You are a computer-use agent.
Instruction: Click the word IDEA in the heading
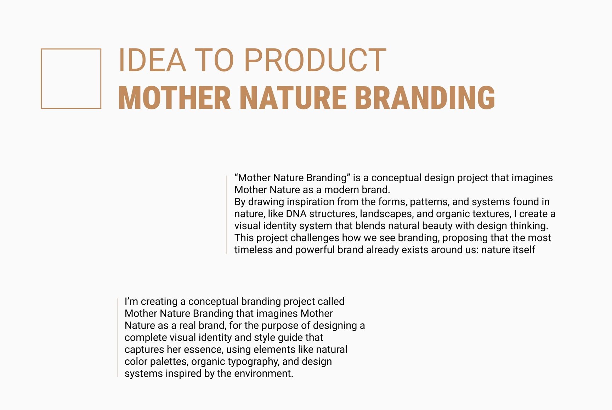(152, 60)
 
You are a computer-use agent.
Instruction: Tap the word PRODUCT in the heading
(315, 60)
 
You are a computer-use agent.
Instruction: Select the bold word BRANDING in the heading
(425, 98)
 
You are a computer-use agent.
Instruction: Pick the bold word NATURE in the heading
(293, 98)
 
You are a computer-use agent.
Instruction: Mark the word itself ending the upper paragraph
(523, 250)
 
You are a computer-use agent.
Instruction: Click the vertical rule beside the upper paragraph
(227, 215)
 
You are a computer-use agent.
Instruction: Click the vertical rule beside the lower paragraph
(118, 337)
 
